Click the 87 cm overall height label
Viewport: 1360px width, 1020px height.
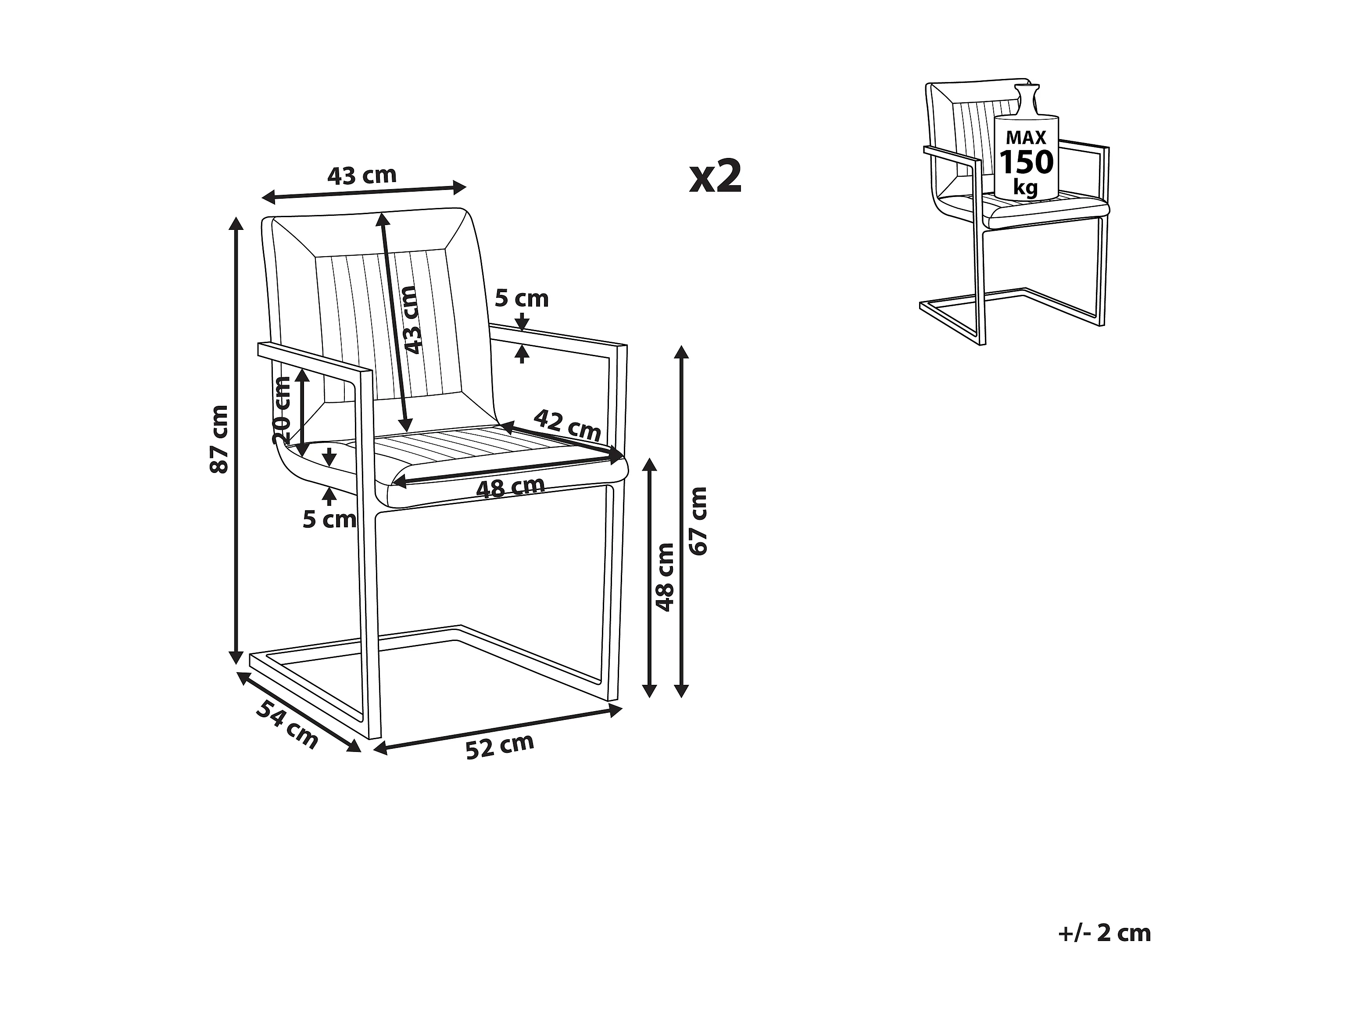click(x=219, y=439)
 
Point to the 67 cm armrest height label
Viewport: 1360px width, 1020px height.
click(x=698, y=521)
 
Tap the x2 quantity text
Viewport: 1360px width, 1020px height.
click(x=716, y=176)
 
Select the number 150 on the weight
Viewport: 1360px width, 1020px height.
click(x=1026, y=162)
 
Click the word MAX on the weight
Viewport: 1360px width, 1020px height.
click(x=1026, y=137)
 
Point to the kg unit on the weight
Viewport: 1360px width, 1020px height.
click(x=1025, y=186)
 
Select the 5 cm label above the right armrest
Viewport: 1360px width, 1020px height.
click(x=521, y=299)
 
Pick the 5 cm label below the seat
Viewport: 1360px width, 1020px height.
click(x=329, y=519)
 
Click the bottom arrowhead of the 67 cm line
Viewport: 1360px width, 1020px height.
click(x=680, y=691)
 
